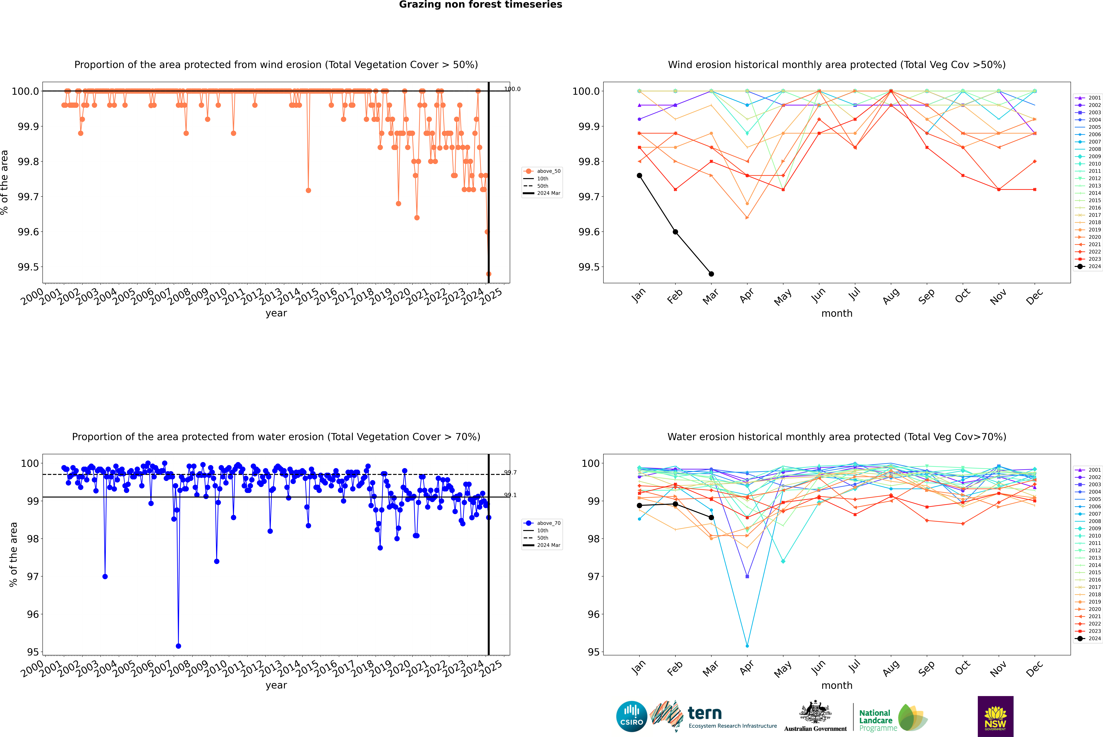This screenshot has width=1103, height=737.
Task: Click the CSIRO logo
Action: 631,716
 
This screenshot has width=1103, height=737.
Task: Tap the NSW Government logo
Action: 995,716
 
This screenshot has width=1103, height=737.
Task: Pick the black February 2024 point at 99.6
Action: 675,232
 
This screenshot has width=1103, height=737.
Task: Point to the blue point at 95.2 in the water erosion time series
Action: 178,646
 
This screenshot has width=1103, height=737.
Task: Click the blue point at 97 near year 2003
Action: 105,576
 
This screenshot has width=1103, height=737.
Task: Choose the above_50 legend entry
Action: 542,171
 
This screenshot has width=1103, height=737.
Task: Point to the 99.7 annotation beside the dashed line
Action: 510,472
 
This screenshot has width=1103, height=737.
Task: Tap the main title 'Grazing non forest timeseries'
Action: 480,5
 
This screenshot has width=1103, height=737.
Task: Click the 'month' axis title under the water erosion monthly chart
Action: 837,685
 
